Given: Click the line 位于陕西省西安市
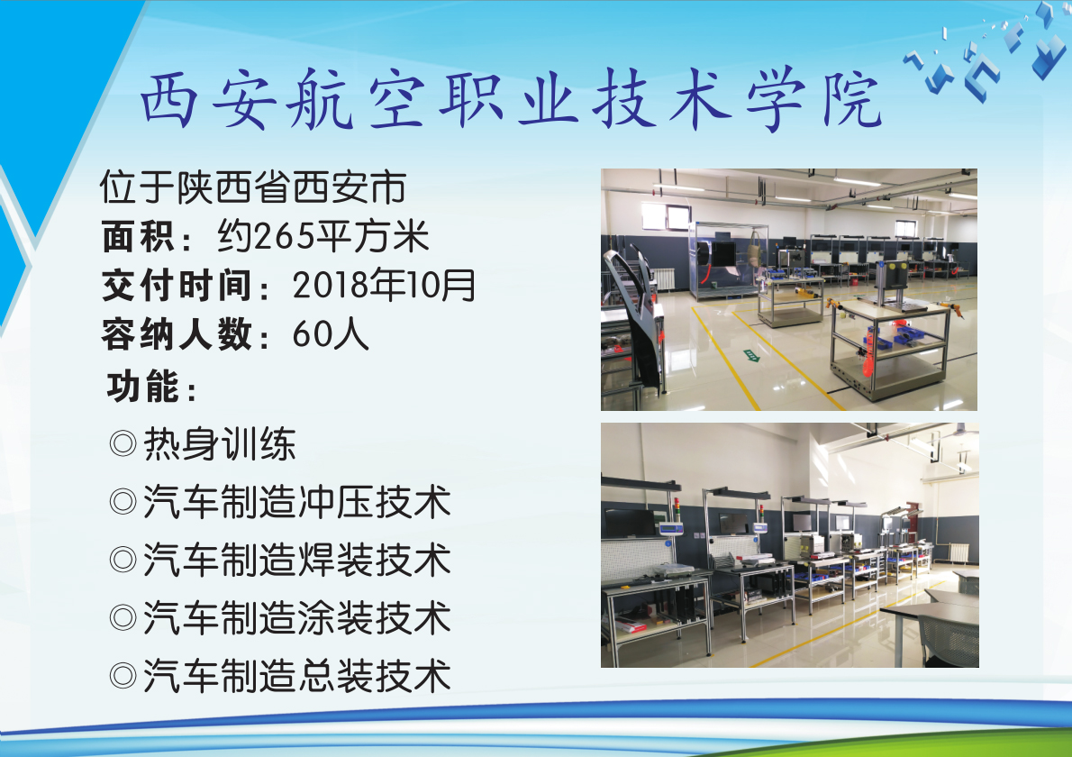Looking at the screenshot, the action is click(254, 187).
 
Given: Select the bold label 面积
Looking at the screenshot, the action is click(138, 237).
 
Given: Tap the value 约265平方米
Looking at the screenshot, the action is click(323, 237).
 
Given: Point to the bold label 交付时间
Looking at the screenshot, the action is click(177, 286).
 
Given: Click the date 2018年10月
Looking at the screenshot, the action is click(384, 285).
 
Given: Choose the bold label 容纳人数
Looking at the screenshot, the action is click(177, 335).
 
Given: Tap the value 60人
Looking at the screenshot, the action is click(331, 335).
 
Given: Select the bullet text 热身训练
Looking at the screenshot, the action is click(220, 444).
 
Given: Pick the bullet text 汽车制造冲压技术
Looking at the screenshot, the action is click(297, 503).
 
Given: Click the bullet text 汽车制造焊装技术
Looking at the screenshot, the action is click(297, 561).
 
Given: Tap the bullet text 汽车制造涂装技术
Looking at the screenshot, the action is click(297, 618).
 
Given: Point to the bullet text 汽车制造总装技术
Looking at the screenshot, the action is click(297, 676).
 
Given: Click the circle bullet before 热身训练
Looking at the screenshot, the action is click(123, 444).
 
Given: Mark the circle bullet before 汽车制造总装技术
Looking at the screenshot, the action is click(123, 676).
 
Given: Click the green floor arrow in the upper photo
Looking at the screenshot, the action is click(751, 355).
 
